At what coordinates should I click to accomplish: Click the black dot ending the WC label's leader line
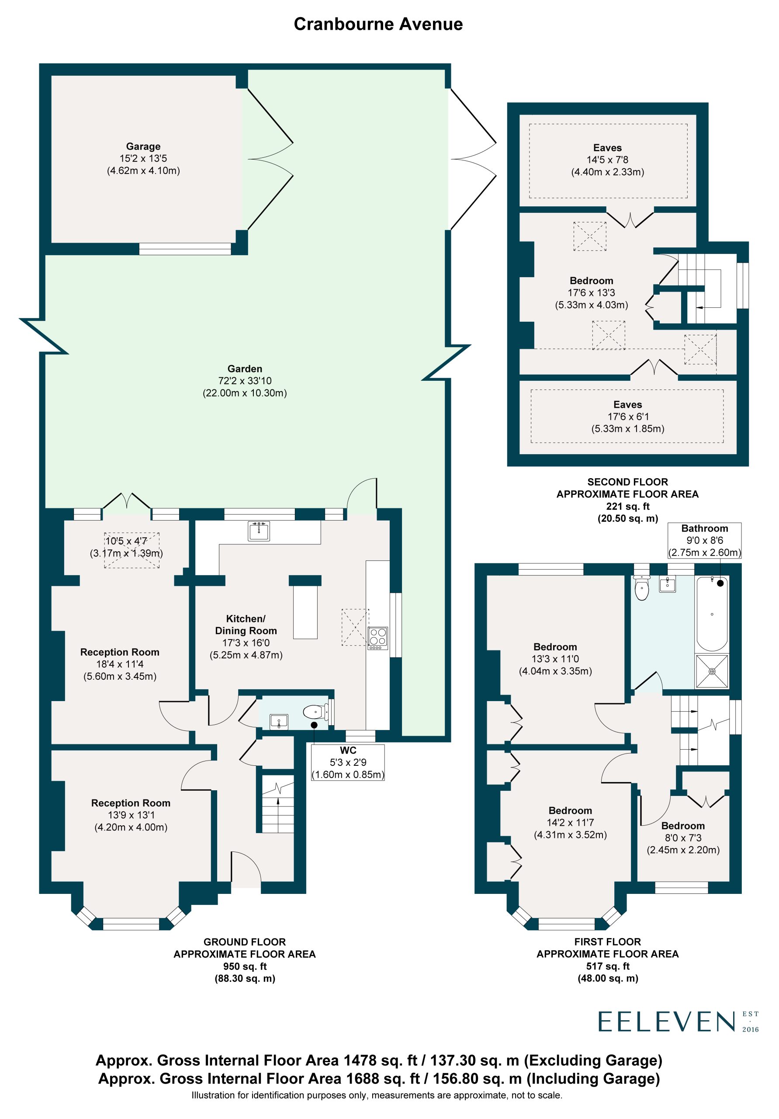point(314,725)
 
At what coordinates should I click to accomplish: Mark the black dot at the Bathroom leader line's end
point(720,583)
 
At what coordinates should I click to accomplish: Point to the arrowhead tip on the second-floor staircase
point(697,308)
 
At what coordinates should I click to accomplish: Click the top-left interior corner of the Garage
point(52,76)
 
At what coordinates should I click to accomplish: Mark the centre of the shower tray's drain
point(712,671)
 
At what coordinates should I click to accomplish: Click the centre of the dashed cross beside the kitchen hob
point(355,627)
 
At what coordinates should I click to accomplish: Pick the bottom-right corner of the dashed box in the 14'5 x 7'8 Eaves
point(687,198)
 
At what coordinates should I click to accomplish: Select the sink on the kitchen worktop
point(259,531)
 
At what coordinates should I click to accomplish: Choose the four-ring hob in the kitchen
point(377,638)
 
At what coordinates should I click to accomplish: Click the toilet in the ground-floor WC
point(317,712)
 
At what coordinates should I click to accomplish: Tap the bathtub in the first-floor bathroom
point(712,614)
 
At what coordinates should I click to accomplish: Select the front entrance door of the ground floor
point(246,866)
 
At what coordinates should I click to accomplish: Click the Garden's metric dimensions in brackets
point(245,393)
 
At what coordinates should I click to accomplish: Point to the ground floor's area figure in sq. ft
point(245,966)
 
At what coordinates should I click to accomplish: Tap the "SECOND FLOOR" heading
point(627,482)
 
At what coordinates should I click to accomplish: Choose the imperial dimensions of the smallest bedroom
point(683,838)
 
